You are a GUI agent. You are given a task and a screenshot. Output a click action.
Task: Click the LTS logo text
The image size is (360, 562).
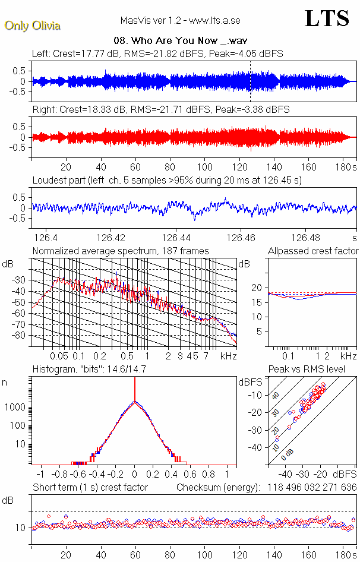pyautogui.click(x=327, y=18)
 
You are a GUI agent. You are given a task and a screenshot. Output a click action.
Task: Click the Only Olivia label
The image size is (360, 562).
pyautogui.click(x=32, y=26)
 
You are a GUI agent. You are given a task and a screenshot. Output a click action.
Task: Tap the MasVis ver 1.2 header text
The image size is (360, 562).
pyautogui.click(x=179, y=20)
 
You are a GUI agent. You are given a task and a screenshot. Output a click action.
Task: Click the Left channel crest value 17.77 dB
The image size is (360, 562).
pyautogui.click(x=99, y=53)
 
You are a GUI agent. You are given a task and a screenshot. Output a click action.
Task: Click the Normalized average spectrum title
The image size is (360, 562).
pyautogui.click(x=121, y=251)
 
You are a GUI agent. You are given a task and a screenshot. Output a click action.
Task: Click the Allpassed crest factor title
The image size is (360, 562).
pyautogui.click(x=313, y=251)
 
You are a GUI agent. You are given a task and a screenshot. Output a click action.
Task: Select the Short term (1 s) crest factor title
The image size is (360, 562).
pyautogui.click(x=90, y=488)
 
